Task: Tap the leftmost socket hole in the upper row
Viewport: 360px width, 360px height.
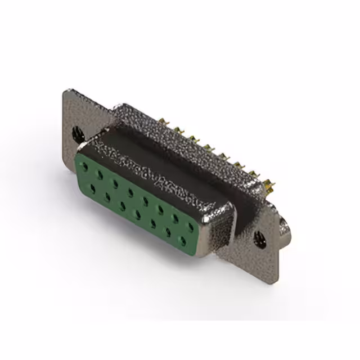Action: (84, 166)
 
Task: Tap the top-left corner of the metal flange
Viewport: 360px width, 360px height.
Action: (65, 90)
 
